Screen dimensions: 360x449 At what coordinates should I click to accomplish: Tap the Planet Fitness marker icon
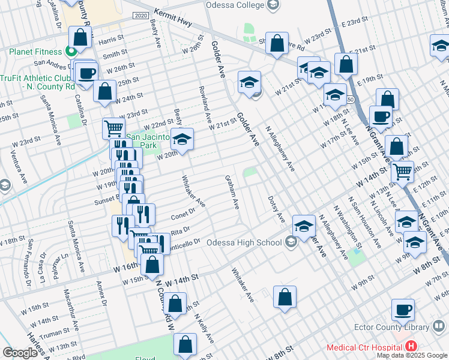(70, 51)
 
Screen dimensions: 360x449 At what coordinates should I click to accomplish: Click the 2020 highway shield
(139, 15)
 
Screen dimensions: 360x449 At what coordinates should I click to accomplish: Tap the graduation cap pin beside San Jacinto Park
(182, 139)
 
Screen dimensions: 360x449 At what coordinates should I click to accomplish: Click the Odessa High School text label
(244, 243)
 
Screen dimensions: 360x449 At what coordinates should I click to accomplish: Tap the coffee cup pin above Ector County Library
(403, 309)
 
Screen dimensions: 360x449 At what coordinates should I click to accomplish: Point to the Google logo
(20, 353)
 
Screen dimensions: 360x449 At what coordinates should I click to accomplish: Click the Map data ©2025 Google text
(411, 355)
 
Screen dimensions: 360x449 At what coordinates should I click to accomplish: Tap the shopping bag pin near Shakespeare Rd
(276, 43)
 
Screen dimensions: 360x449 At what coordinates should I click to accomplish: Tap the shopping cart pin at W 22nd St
(113, 127)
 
